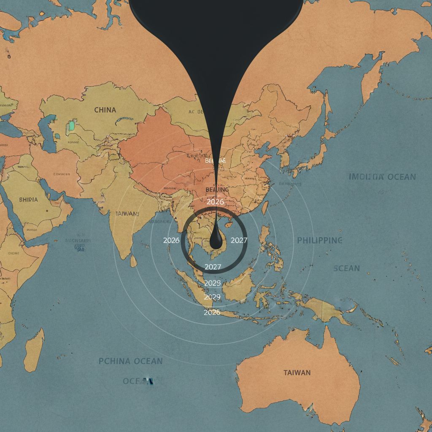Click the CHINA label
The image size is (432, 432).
click(105, 110)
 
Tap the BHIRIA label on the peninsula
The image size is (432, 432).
click(28, 199)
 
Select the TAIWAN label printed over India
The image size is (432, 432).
click(127, 214)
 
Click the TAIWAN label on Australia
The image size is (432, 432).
click(297, 373)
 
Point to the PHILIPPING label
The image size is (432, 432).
click(319, 240)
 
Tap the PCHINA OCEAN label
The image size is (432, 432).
click(130, 361)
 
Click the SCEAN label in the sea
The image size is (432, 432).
click(346, 268)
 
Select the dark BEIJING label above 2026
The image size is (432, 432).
click(217, 190)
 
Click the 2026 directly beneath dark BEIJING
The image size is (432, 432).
click(215, 202)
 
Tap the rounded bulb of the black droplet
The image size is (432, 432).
click(216, 242)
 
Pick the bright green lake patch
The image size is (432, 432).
click(71, 125)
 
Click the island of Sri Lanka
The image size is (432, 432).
click(133, 262)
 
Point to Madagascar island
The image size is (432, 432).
click(34, 350)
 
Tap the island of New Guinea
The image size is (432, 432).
click(325, 308)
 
